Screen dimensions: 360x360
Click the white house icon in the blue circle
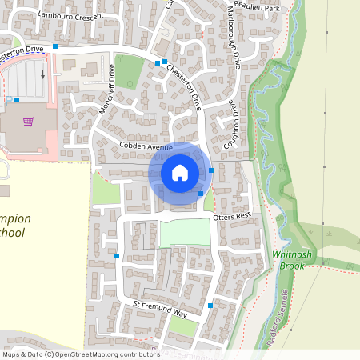click(180, 172)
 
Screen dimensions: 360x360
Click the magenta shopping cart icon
click(29, 122)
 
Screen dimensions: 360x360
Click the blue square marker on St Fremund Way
click(210, 306)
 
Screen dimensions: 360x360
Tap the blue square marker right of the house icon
click(211, 170)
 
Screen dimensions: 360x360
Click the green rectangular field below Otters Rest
click(185, 233)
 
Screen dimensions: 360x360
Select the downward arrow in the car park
click(42, 73)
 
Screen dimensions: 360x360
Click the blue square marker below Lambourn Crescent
click(55, 47)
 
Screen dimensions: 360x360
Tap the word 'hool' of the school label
click(14, 233)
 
